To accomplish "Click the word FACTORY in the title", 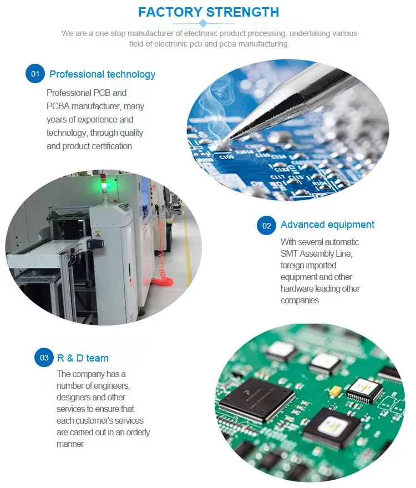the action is pyautogui.click(x=170, y=12).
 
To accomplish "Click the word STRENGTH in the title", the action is pyautogui.click(x=242, y=12).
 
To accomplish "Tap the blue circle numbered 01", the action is pyautogui.click(x=35, y=74).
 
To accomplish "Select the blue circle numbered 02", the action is pyautogui.click(x=267, y=225).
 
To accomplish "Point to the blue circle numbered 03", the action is pyautogui.click(x=44, y=357).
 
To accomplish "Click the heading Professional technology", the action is pyautogui.click(x=103, y=74).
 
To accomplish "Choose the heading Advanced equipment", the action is pyautogui.click(x=327, y=225).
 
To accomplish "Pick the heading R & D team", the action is pyautogui.click(x=83, y=358).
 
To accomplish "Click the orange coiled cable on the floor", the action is pyautogui.click(x=162, y=282).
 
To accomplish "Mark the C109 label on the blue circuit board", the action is pyautogui.click(x=226, y=157).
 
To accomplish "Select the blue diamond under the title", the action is pyautogui.click(x=203, y=23).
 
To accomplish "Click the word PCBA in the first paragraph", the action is pyautogui.click(x=58, y=106).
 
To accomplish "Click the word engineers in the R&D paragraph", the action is pyautogui.click(x=111, y=386).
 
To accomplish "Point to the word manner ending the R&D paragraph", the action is pyautogui.click(x=70, y=444).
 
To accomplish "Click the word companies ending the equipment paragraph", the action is pyautogui.click(x=300, y=301).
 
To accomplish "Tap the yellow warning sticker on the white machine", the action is pyautogui.click(x=98, y=233).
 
